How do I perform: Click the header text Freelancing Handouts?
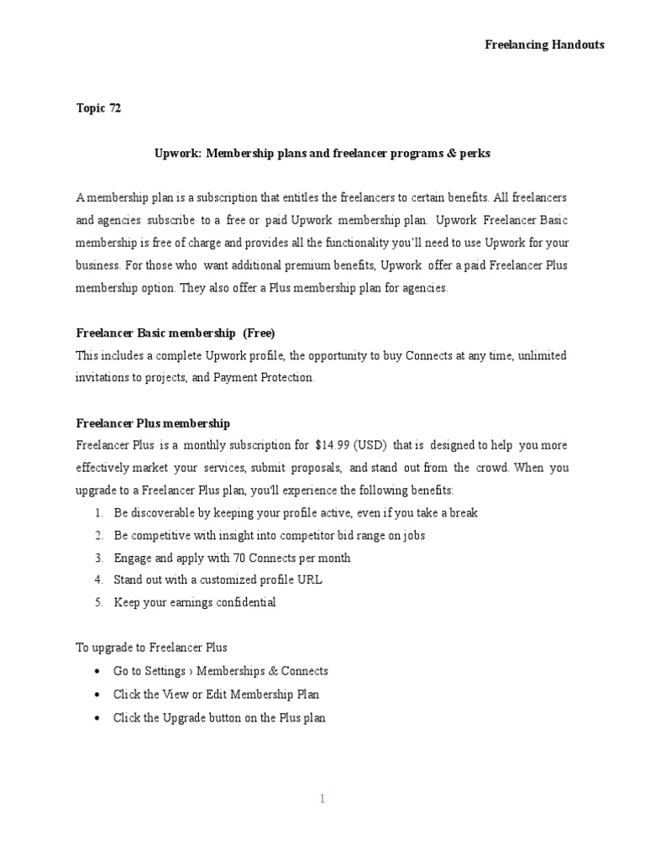point(544,45)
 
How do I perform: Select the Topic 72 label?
point(98,108)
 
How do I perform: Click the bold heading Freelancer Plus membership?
point(153,423)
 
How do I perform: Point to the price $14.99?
point(333,445)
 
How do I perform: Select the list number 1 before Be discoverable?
point(98,513)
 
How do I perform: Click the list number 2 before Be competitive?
point(98,536)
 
